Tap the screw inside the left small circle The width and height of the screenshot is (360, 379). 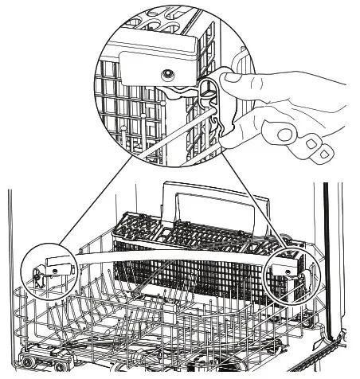51,270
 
